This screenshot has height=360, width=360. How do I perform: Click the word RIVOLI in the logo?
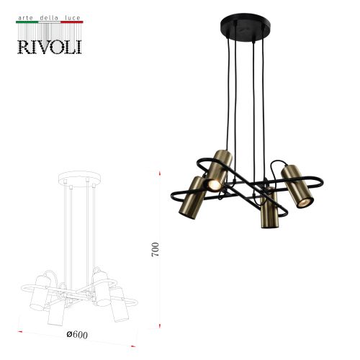click(50, 47)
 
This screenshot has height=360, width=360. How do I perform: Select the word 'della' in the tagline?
click(49, 18)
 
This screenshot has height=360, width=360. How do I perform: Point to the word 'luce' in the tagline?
click(72, 18)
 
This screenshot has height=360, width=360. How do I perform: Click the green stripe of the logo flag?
click(27, 22)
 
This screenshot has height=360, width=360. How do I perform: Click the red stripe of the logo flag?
click(72, 22)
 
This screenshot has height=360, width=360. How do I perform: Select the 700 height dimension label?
click(156, 250)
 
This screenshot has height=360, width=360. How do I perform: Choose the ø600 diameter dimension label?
click(77, 334)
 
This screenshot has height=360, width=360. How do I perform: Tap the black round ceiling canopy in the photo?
click(246, 25)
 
